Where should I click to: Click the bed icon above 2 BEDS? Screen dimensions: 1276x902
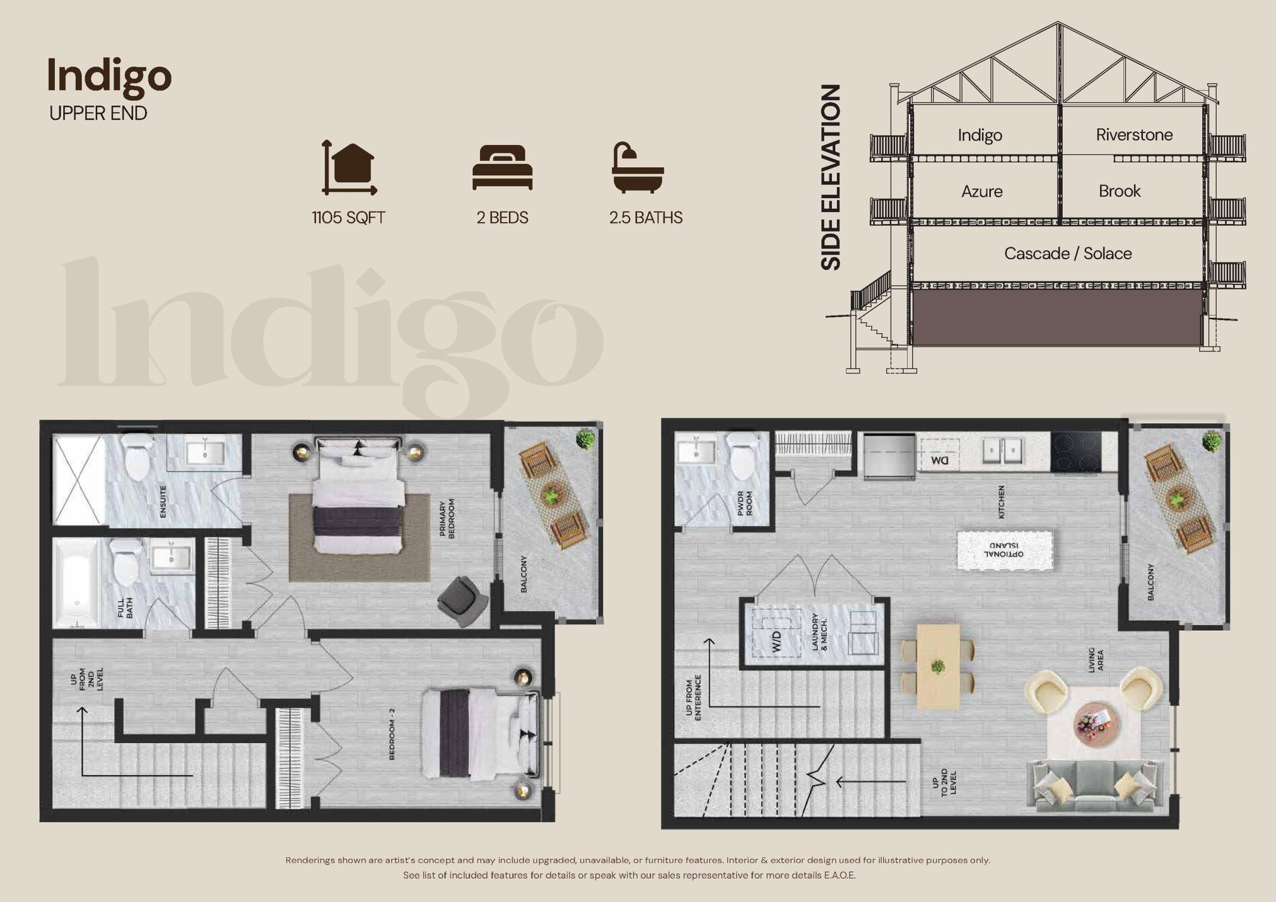point(502,167)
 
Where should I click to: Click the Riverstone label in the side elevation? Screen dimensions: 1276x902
point(1134,135)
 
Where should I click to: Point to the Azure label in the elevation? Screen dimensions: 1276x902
point(982,191)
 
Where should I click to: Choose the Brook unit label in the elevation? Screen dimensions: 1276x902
point(1120,191)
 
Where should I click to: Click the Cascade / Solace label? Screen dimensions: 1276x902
point(1068,254)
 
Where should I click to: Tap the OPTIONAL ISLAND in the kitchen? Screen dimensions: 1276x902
point(1005,550)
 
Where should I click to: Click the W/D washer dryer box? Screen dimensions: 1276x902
point(776,634)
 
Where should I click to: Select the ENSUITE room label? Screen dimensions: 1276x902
point(163,502)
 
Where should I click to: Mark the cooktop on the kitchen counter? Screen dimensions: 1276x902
point(1076,451)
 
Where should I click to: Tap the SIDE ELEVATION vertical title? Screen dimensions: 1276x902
point(831,177)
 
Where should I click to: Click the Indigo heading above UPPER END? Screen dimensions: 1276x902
point(109,77)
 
